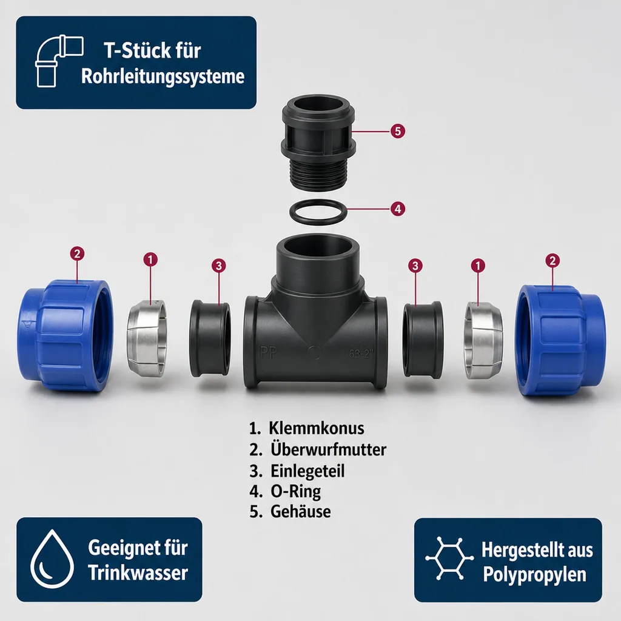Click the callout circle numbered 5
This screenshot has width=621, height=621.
click(398, 131)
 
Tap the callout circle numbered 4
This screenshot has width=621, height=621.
click(398, 209)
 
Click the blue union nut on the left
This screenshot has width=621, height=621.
click(65, 335)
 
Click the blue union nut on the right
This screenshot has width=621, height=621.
click(560, 341)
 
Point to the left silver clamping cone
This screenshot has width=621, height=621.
click(147, 338)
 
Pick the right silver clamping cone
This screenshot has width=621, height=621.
click(483, 340)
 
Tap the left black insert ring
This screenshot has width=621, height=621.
click(210, 338)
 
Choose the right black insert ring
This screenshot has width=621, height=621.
click(423, 339)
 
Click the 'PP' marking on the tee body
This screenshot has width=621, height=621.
click(268, 352)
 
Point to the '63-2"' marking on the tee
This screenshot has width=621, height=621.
click(361, 354)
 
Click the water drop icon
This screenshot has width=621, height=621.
click(52, 559)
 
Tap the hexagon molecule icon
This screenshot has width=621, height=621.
click(449, 558)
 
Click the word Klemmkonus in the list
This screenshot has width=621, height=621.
click(317, 428)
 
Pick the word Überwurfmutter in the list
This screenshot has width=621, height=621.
click(328, 449)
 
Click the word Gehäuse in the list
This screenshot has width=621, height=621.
click(301, 511)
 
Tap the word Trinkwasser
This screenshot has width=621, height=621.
click(138, 572)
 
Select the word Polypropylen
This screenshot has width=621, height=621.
click(535, 575)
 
